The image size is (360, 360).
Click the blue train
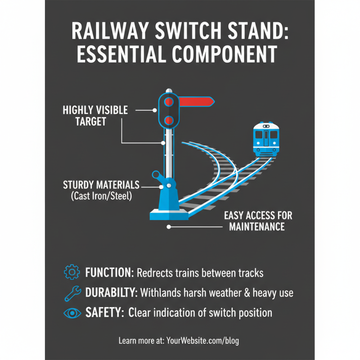(266, 139)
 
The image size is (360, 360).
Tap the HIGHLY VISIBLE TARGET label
(95, 116)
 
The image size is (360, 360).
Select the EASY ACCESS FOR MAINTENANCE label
(258, 220)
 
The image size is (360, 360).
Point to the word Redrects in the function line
(156, 273)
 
